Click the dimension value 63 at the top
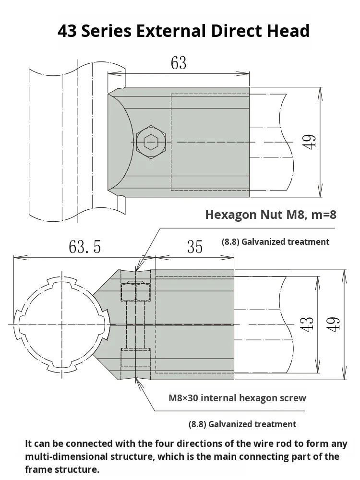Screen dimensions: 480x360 (179, 63)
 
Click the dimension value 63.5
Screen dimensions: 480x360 (85, 247)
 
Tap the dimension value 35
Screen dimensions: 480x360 (194, 247)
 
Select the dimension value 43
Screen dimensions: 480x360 (309, 324)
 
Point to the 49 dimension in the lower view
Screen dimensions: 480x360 (335, 324)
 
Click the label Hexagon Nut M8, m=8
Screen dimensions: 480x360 (270, 215)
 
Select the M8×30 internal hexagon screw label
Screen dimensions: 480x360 (237, 398)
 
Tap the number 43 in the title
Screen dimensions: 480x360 (68, 31)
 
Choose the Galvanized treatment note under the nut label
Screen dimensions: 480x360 (276, 242)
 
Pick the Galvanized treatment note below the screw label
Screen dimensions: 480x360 (242, 424)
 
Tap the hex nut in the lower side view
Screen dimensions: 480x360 (136, 291)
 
